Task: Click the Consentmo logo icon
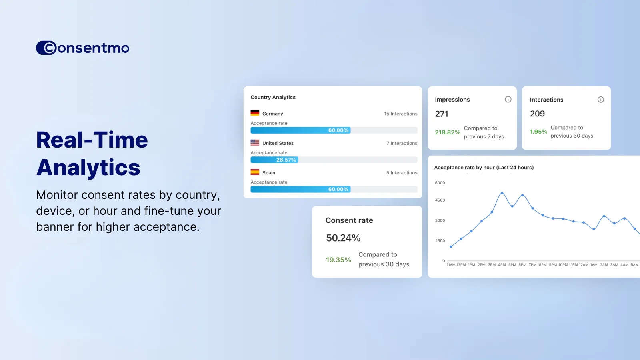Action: coord(46,48)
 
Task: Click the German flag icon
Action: coord(255,113)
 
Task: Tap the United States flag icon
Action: coord(255,142)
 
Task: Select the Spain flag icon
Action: coord(255,172)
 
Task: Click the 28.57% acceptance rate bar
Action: coord(274,160)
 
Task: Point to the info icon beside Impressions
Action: coord(508,100)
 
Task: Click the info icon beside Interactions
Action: coord(601,100)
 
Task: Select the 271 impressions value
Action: coord(442,114)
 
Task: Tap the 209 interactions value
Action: coord(537,114)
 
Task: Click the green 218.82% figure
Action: coord(448,132)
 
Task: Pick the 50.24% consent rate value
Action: coord(343,238)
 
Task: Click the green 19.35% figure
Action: coord(338,260)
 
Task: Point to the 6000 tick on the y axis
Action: coord(440,183)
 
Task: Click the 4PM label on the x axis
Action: coord(502,264)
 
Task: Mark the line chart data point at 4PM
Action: coord(502,193)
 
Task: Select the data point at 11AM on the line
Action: coord(451,246)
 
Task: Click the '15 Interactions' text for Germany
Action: coord(400,114)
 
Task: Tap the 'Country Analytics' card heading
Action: coord(273,97)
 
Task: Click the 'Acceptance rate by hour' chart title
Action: coord(484,168)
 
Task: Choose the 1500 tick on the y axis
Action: coord(440,240)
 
